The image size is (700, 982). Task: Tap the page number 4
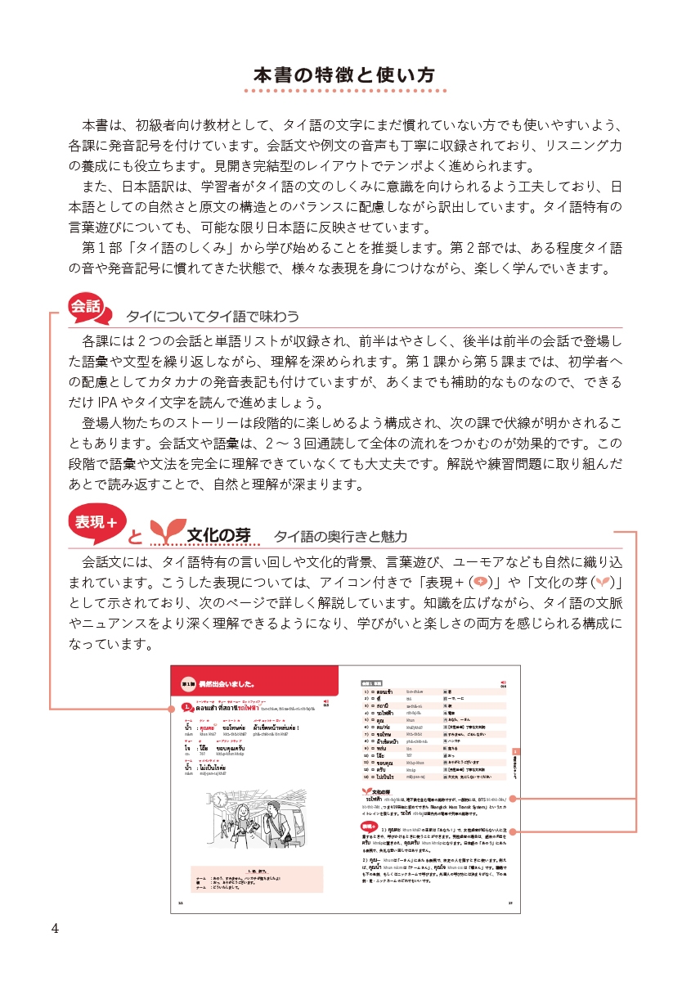click(55, 928)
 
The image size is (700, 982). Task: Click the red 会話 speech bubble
click(85, 308)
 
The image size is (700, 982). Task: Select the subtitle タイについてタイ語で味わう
click(213, 316)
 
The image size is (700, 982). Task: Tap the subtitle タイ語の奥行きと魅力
click(340, 537)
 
